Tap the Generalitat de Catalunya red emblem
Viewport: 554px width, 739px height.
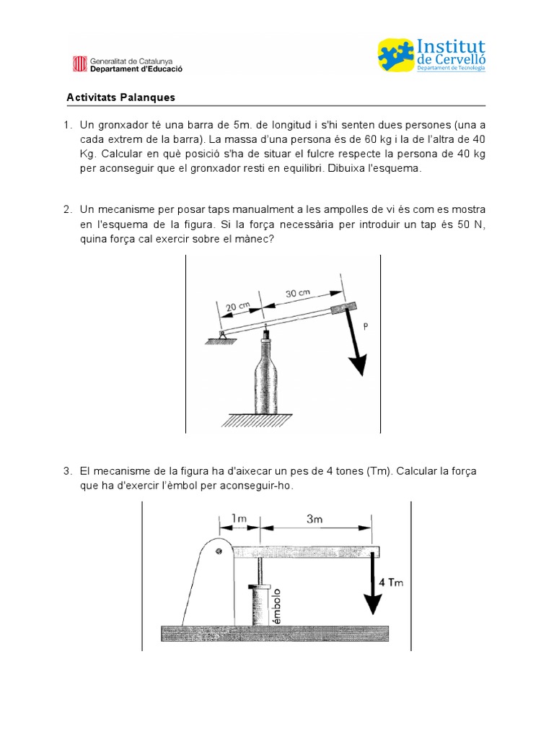(78, 64)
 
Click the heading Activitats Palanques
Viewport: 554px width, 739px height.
(120, 97)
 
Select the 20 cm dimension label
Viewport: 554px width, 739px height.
(238, 307)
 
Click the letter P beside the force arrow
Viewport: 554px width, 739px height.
(366, 327)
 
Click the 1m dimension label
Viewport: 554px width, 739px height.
(239, 518)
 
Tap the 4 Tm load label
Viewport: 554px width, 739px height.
(391, 582)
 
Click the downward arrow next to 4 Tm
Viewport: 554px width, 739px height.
(372, 585)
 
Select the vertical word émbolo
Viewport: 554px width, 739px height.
(275, 605)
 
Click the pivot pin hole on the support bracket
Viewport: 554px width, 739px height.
(218, 552)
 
